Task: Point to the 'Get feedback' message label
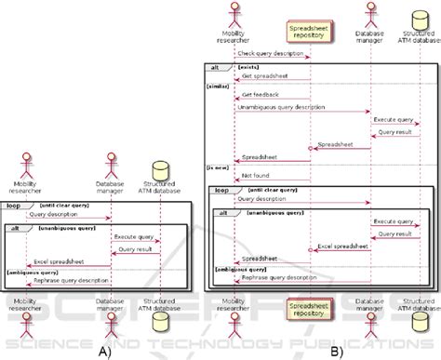click(258, 96)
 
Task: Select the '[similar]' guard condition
click(220, 86)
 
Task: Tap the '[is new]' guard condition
click(219, 166)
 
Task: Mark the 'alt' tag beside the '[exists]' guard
click(215, 66)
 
